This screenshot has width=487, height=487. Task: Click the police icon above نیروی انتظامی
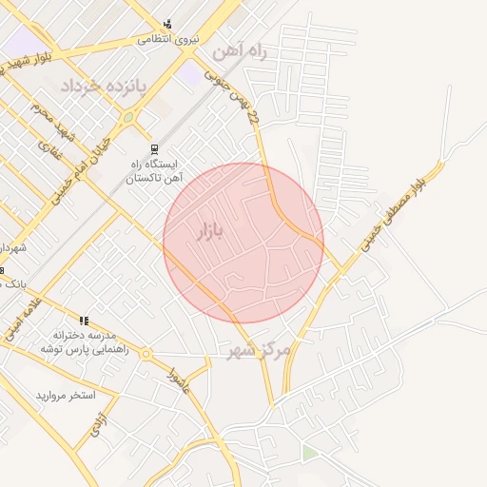point(168,24)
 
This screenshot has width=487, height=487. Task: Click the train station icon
point(154,150)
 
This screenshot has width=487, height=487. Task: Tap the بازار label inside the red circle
point(211,231)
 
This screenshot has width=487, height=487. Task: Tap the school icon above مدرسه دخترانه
point(84,321)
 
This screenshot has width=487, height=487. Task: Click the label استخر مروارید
point(67,395)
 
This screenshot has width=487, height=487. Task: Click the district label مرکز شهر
point(257,351)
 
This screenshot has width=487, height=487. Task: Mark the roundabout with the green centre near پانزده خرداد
point(127,118)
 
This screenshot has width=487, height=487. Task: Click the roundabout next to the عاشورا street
point(146,354)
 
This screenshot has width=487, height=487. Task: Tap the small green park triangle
point(308,452)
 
